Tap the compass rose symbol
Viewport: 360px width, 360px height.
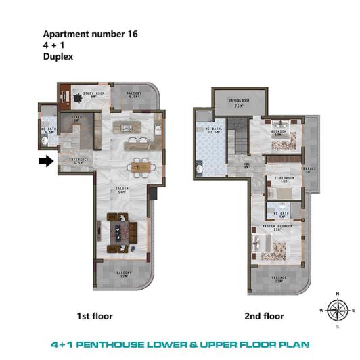tap(336, 310)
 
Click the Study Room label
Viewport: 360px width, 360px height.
tap(92, 95)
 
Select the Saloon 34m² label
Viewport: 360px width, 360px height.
tap(122, 191)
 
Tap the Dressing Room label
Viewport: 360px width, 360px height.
tap(239, 102)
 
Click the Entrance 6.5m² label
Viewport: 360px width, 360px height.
tap(78, 161)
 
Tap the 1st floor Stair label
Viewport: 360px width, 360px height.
tap(76, 119)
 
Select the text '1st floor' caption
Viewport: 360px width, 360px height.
tap(95, 316)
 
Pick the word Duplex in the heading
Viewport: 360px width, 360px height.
tap(58, 58)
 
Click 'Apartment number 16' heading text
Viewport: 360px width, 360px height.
tap(90, 33)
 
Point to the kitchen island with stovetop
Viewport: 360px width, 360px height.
tap(126, 127)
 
